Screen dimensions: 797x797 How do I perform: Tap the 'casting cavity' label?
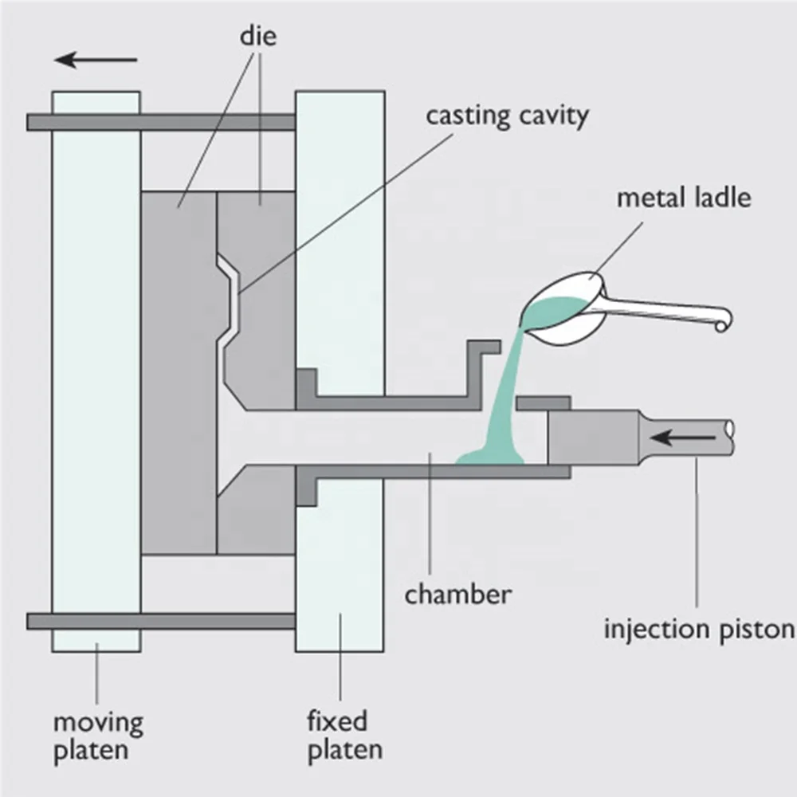tap(507, 116)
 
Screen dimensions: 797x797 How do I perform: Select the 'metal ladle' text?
tap(684, 197)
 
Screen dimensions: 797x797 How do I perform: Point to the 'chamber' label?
tap(457, 595)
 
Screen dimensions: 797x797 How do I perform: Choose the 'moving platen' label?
tap(98, 736)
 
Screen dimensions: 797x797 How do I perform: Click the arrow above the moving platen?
tap(96, 60)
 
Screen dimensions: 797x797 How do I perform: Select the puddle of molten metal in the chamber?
tap(489, 457)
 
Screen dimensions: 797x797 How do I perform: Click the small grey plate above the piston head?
tap(543, 403)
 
